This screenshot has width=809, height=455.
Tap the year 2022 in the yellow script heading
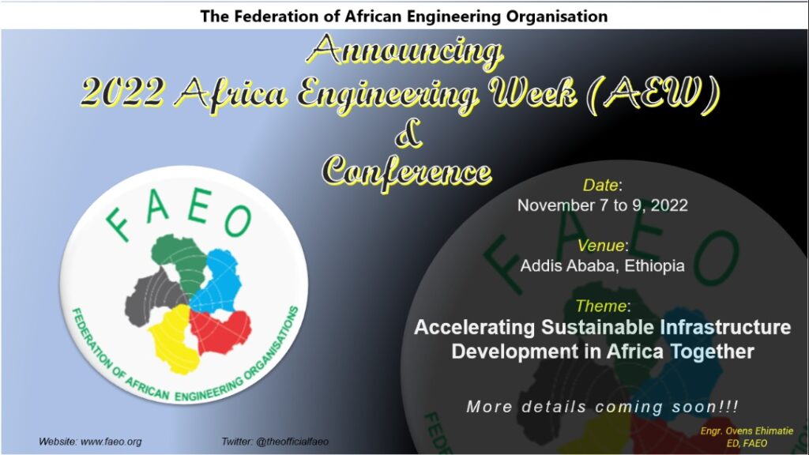pos(122,93)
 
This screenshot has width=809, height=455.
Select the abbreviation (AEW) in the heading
pos(654,96)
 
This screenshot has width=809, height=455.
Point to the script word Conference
pos(407,171)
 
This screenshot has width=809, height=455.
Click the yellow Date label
pos(600,185)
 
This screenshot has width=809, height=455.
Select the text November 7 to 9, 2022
pos(603,205)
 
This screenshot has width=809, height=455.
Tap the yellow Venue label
pos(600,245)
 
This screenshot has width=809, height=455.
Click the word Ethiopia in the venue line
pos(655,265)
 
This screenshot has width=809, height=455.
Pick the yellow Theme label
pos(600,306)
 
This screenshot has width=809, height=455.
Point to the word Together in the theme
pos(712,352)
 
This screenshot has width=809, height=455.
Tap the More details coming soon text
pos(603,407)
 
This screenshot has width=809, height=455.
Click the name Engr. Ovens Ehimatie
pos(747,431)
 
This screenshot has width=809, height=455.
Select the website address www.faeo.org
pos(111,442)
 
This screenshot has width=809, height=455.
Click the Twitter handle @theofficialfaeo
pos(292,442)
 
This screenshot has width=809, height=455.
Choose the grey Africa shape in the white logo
pos(155,297)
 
